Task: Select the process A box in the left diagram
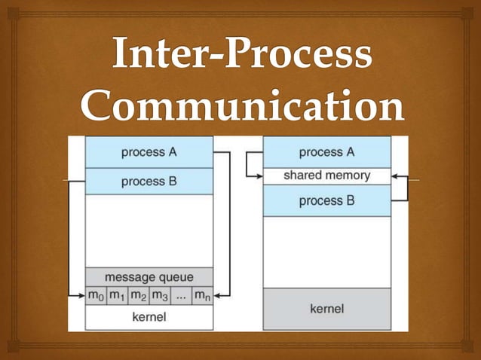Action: tap(149, 152)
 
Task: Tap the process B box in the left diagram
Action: tap(149, 182)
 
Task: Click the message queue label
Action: tap(149, 276)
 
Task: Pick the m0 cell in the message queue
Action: tap(96, 295)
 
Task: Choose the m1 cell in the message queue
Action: tap(117, 295)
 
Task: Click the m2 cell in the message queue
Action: tap(139, 295)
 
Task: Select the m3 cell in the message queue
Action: tap(160, 295)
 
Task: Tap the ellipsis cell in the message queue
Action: tap(181, 295)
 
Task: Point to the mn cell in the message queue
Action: tap(202, 295)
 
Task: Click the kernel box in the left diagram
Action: tap(149, 317)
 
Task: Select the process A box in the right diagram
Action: tap(326, 152)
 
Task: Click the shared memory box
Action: tap(326, 175)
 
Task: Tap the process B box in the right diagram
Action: tap(326, 201)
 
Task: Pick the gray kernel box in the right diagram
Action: tap(326, 309)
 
